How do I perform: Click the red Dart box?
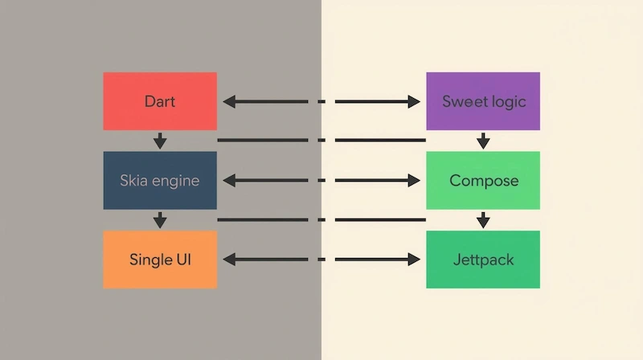tap(160, 101)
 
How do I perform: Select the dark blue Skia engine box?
tap(160, 181)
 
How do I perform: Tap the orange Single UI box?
tap(160, 260)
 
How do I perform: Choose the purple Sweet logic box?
tap(483, 101)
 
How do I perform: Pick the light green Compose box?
tap(483, 181)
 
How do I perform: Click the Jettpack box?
tap(483, 260)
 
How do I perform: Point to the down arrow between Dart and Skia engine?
tap(160, 141)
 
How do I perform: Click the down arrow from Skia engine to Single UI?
tap(160, 219)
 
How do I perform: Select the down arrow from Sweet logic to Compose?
tap(483, 141)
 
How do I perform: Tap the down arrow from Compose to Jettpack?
tap(483, 219)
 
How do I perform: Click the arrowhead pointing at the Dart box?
tap(228, 102)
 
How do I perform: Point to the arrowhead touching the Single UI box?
tap(228, 260)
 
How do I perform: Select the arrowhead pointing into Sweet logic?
tap(415, 102)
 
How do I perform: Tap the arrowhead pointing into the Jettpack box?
tap(415, 260)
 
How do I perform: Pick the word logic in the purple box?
tap(507, 102)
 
